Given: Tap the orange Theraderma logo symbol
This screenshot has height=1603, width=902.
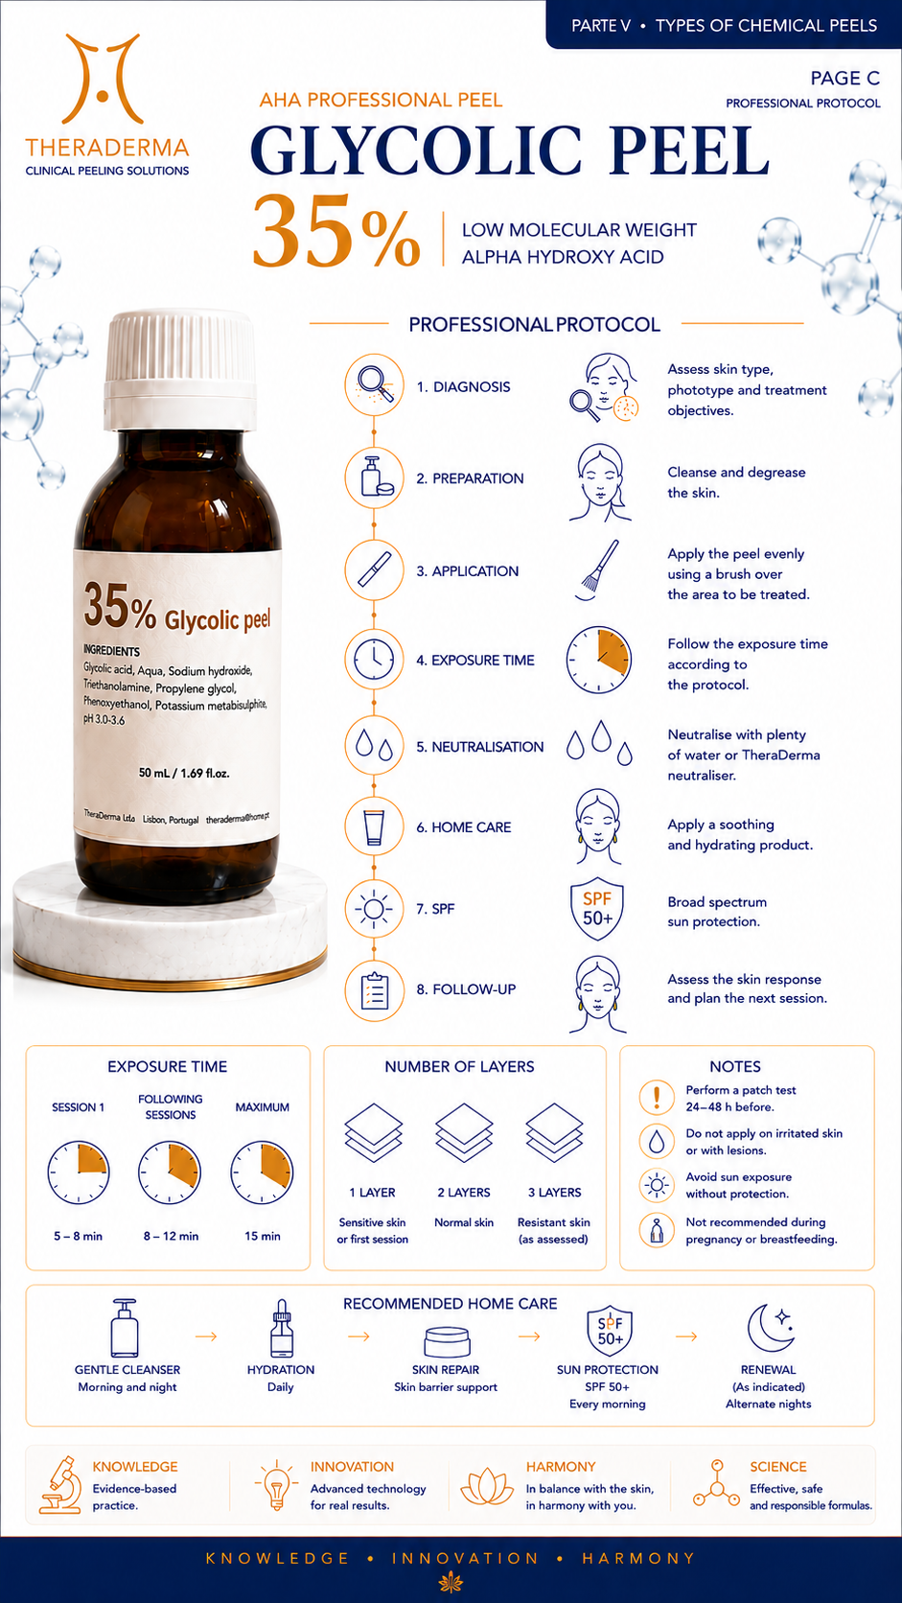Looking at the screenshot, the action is point(103,79).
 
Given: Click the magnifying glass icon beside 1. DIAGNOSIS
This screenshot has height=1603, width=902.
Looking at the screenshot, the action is point(374,384).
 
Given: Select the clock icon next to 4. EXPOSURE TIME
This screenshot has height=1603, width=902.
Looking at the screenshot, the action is point(374,659).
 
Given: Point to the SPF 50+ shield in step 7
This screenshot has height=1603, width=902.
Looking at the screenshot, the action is point(596,908).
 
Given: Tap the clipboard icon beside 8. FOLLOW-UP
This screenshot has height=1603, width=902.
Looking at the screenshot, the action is point(374,990).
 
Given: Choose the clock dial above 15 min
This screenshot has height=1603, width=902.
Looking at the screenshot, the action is point(262,1173).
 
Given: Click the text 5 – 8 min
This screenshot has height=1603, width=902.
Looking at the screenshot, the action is point(78,1236).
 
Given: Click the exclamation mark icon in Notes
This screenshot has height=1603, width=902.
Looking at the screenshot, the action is point(657,1097).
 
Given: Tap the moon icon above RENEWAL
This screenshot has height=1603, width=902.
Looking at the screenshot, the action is point(771,1328).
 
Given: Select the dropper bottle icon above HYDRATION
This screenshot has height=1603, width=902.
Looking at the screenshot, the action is point(281,1328).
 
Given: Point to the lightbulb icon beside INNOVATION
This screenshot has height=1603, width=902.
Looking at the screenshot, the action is point(276,1486).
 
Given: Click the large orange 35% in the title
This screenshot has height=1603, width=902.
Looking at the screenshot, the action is point(336,232).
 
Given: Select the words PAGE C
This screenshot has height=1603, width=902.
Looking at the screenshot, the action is point(844,78).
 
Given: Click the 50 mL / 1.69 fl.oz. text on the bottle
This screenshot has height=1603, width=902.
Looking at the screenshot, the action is point(184,773).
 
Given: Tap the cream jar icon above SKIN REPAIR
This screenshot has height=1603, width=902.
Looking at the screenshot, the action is point(447,1341).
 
